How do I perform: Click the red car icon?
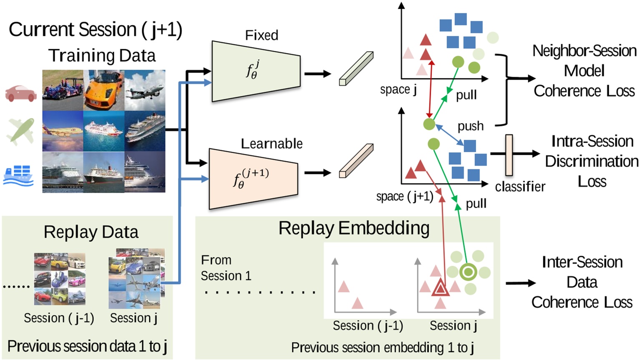tap(20, 93)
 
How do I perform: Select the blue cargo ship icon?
tap(18, 175)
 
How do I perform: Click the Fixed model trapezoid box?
tap(256, 71)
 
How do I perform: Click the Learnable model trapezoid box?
tap(253, 179)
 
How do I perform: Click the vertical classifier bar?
tap(509, 155)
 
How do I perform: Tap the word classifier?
tap(520, 186)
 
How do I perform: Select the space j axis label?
tap(398, 90)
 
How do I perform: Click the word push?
tap(471, 126)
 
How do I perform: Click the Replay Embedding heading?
tap(354, 228)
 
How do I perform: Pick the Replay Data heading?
tap(91, 232)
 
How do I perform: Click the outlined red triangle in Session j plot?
tap(440, 288)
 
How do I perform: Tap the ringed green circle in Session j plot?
tap(468, 272)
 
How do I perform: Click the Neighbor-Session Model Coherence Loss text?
tap(584, 71)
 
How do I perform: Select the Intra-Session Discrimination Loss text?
tap(591, 161)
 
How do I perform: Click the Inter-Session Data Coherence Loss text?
tap(582, 282)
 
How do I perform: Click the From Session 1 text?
tap(226, 268)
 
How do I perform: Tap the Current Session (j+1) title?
tap(95, 30)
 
